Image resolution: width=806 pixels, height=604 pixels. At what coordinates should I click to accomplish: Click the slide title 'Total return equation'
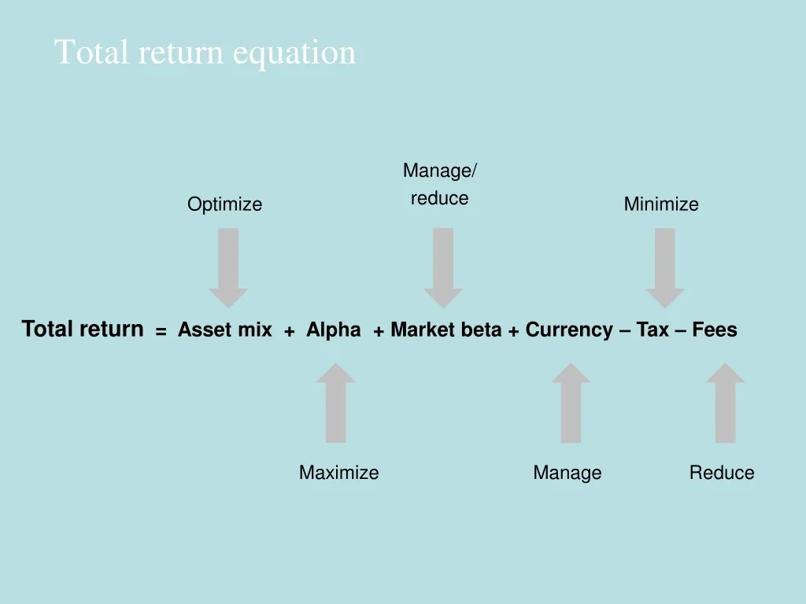(x=205, y=53)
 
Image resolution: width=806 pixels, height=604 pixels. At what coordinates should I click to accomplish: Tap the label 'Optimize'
(x=224, y=204)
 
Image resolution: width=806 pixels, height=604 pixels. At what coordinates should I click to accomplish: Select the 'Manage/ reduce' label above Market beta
(x=439, y=184)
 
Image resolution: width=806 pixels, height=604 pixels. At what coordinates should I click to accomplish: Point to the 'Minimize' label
(x=660, y=204)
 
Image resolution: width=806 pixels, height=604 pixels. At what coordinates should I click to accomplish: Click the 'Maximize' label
(x=338, y=473)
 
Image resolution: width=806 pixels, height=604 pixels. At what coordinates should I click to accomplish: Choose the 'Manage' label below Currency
(x=567, y=473)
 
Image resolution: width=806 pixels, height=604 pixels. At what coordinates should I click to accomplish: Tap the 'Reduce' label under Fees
(x=721, y=473)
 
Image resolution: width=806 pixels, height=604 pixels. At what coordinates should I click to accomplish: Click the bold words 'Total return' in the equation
(x=83, y=329)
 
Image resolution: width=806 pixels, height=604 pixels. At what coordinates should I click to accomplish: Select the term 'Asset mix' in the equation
(x=224, y=330)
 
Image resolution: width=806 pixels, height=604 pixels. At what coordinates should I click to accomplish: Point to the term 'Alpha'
(x=333, y=330)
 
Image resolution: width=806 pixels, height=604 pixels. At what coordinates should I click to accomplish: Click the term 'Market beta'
(x=446, y=330)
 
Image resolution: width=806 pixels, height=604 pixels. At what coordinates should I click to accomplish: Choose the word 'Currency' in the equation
(x=569, y=330)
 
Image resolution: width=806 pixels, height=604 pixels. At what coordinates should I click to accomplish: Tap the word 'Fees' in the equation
(x=715, y=330)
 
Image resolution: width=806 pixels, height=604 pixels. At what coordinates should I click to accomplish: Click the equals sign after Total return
(x=161, y=332)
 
